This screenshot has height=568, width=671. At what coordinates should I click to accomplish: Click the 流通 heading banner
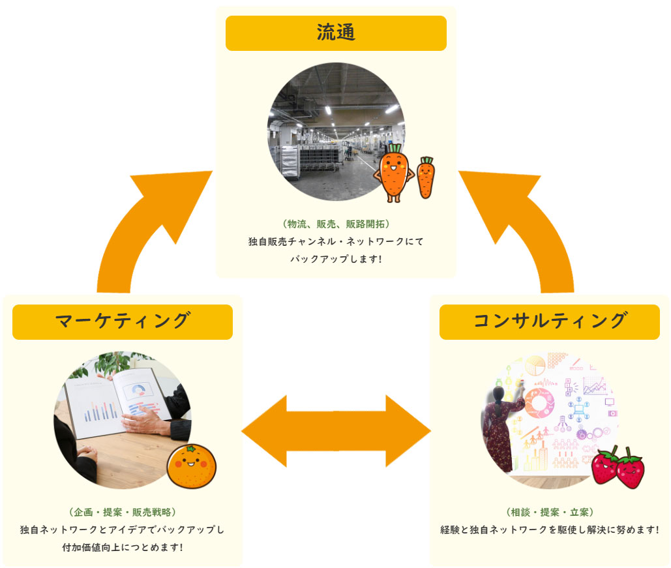click(336, 33)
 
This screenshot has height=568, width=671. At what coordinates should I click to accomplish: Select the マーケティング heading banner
click(123, 321)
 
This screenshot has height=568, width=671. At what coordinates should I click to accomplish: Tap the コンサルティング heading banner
click(549, 321)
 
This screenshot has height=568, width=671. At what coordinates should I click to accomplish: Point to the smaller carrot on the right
click(425, 177)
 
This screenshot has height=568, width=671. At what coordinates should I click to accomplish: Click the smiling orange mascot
click(191, 466)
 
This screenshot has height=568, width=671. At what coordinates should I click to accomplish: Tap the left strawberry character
click(604, 466)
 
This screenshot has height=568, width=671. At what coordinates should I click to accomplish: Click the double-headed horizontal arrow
click(336, 431)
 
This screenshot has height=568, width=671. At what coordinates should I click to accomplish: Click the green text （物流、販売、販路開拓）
click(336, 224)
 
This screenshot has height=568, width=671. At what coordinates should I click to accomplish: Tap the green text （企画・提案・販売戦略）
click(123, 512)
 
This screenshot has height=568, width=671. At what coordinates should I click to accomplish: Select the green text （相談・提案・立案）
click(550, 512)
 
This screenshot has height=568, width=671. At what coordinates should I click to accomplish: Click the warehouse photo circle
click(326, 130)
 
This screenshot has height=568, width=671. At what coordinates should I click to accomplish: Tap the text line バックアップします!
click(336, 259)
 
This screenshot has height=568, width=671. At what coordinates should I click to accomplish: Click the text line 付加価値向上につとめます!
click(123, 546)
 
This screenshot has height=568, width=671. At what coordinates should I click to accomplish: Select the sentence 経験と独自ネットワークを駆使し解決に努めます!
click(550, 530)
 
